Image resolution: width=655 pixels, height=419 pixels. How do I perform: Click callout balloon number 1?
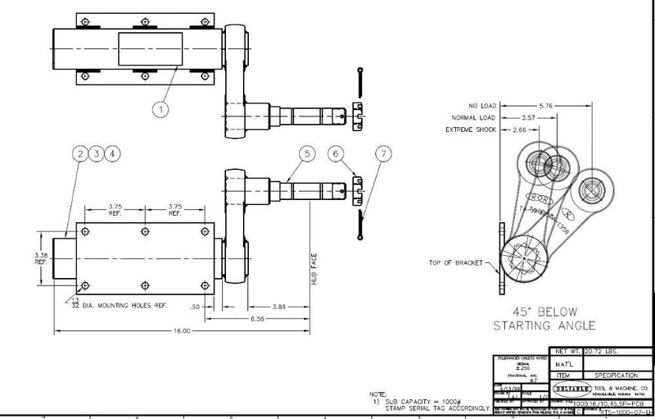pyautogui.click(x=160, y=107)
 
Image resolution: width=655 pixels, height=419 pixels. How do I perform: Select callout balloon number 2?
pyautogui.click(x=80, y=153)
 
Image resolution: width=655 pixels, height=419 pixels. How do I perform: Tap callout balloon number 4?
pyautogui.click(x=113, y=153)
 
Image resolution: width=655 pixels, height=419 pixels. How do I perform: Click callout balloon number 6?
pyautogui.click(x=336, y=153)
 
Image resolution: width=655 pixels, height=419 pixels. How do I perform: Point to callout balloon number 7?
pyautogui.click(x=384, y=153)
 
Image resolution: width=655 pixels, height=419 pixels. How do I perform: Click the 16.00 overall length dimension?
pyautogui.click(x=182, y=331)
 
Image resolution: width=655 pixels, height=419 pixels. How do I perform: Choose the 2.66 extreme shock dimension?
pyautogui.click(x=517, y=130)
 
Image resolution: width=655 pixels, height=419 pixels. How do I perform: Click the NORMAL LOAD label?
pyautogui.click(x=472, y=118)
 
